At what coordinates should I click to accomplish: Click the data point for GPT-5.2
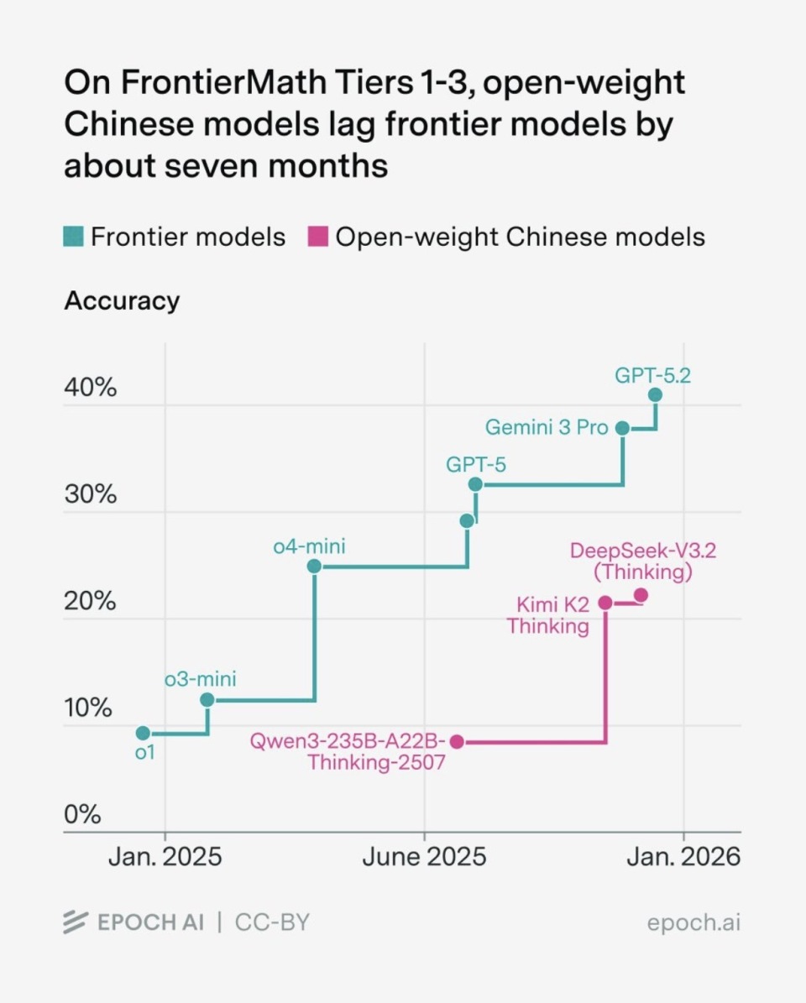(x=655, y=394)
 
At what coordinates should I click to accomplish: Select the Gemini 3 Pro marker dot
(x=623, y=428)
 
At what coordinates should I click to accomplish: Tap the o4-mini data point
(x=314, y=566)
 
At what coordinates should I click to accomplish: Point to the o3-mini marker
(x=207, y=699)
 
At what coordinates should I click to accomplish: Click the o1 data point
(x=143, y=733)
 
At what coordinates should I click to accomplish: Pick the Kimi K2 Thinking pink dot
(x=605, y=603)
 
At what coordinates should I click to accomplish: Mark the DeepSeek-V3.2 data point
(x=641, y=595)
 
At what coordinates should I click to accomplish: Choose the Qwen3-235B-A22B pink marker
(x=457, y=741)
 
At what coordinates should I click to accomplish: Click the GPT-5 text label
(x=476, y=464)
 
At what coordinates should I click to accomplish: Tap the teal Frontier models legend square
(x=74, y=237)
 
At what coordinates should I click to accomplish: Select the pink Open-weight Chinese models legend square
(x=317, y=237)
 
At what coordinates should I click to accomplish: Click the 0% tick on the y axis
(x=82, y=814)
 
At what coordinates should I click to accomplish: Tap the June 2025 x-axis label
(x=424, y=856)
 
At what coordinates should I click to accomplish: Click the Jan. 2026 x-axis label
(x=683, y=856)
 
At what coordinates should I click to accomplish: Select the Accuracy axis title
(x=122, y=300)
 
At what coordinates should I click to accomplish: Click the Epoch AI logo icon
(x=76, y=922)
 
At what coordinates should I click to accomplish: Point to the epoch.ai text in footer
(x=693, y=923)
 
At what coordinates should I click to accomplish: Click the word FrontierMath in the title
(x=211, y=82)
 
